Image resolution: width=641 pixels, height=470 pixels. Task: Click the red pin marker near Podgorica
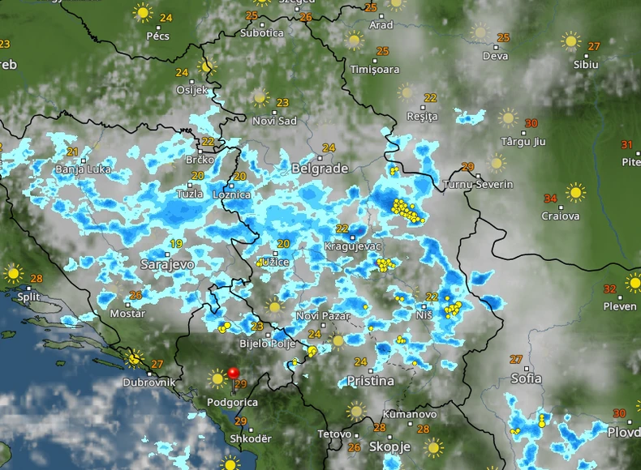click(234, 374)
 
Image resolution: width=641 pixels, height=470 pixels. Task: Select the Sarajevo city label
click(167, 264)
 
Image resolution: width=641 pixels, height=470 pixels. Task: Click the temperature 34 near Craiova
click(550, 199)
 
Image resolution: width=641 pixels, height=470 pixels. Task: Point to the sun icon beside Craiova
click(575, 193)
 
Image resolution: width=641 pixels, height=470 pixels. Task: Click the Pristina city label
click(369, 380)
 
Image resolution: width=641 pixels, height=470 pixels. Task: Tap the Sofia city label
click(527, 378)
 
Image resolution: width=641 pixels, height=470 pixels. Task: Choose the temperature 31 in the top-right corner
click(627, 145)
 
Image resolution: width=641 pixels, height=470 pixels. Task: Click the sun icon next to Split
click(13, 273)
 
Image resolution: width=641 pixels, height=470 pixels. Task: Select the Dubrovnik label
click(149, 382)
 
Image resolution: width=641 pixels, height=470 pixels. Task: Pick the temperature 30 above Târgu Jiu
click(531, 124)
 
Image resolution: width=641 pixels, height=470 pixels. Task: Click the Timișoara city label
click(375, 70)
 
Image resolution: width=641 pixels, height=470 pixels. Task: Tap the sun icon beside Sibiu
click(571, 41)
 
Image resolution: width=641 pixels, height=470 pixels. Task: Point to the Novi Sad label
click(274, 121)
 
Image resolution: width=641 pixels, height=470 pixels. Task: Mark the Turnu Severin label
click(479, 185)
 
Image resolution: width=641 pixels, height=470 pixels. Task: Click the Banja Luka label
click(82, 169)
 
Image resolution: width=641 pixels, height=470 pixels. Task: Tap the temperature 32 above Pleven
click(610, 288)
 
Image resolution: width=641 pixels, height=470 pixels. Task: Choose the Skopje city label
click(389, 446)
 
